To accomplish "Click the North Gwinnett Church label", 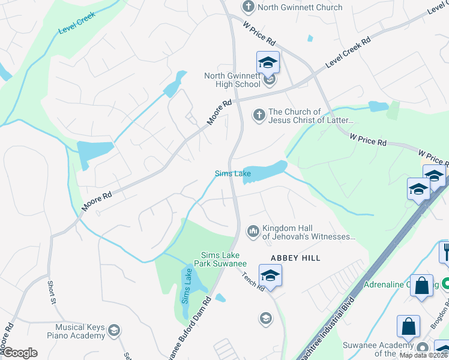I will (300, 7).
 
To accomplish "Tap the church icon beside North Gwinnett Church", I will (248, 7).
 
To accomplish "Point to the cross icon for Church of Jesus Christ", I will (259, 115).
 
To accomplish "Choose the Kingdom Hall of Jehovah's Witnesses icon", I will (253, 230).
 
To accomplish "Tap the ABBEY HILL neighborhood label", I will (295, 257).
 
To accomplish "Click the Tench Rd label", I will (254, 280).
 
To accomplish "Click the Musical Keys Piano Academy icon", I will (113, 330).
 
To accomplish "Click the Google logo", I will (19, 353).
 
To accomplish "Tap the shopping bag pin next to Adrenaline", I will (421, 286).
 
